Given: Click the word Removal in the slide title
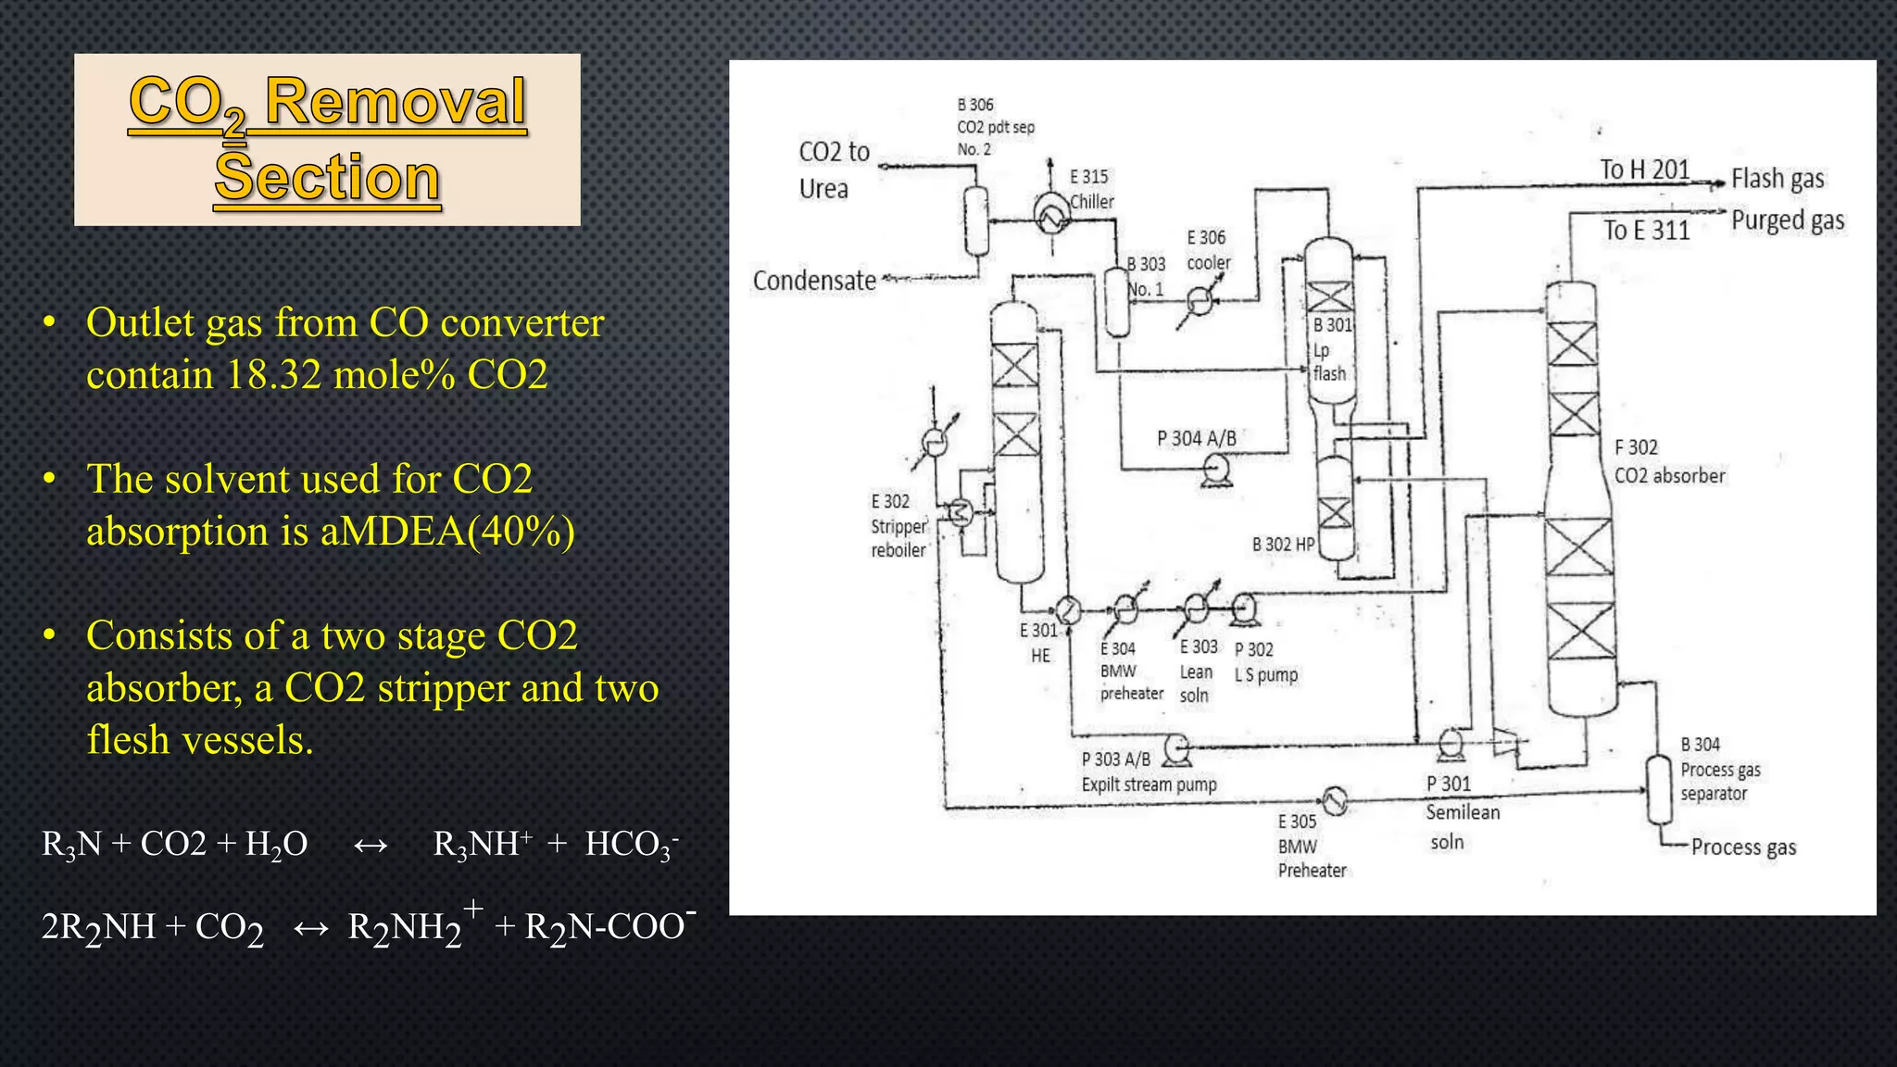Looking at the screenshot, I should [x=396, y=102].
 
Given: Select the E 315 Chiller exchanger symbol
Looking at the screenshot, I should [x=1052, y=216].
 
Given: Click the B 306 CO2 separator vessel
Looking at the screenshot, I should [x=976, y=220].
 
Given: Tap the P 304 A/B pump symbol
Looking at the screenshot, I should [x=1215, y=471].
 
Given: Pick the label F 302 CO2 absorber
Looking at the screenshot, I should [x=1669, y=461].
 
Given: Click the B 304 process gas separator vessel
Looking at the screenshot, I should [x=1658, y=789].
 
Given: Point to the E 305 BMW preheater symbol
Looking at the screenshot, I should [x=1334, y=800].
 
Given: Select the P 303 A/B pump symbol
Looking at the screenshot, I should [x=1177, y=747].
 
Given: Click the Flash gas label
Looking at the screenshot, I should [x=1778, y=179].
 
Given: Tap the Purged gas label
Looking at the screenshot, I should [x=1788, y=220].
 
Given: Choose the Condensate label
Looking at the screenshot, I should [x=814, y=281].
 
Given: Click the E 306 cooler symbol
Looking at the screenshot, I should [x=1200, y=300].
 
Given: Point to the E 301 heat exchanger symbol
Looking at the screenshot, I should [x=1068, y=610].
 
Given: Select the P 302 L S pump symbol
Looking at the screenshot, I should [x=1244, y=609].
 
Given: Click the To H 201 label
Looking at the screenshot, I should [x=1645, y=170].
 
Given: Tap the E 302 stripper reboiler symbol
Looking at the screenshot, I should [x=961, y=511].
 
